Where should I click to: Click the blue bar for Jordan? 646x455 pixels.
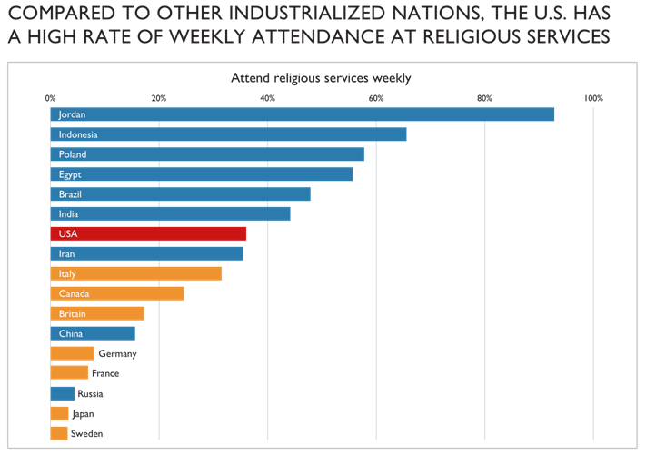coord(302,114)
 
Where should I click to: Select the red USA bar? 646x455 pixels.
coord(148,233)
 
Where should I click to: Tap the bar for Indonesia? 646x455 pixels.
coord(228,134)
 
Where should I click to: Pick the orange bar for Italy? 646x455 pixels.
coord(135,273)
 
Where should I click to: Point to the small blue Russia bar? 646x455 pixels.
coord(62,393)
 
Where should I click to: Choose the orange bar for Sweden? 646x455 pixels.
coord(59,433)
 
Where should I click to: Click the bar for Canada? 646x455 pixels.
coord(117,293)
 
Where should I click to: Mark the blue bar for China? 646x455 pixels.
coord(93,333)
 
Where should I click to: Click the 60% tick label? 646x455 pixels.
coord(376,98)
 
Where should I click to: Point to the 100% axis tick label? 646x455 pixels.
coord(593,98)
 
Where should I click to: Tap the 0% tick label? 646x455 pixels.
coord(50,98)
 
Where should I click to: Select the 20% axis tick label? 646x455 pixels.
coord(158,98)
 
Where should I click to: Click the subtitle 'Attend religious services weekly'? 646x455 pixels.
coord(321,79)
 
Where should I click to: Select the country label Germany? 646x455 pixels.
coord(117,354)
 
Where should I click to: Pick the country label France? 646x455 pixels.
coord(105,373)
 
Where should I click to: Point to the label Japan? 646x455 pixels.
coord(83,413)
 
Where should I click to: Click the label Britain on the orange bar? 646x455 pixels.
coord(73,313)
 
